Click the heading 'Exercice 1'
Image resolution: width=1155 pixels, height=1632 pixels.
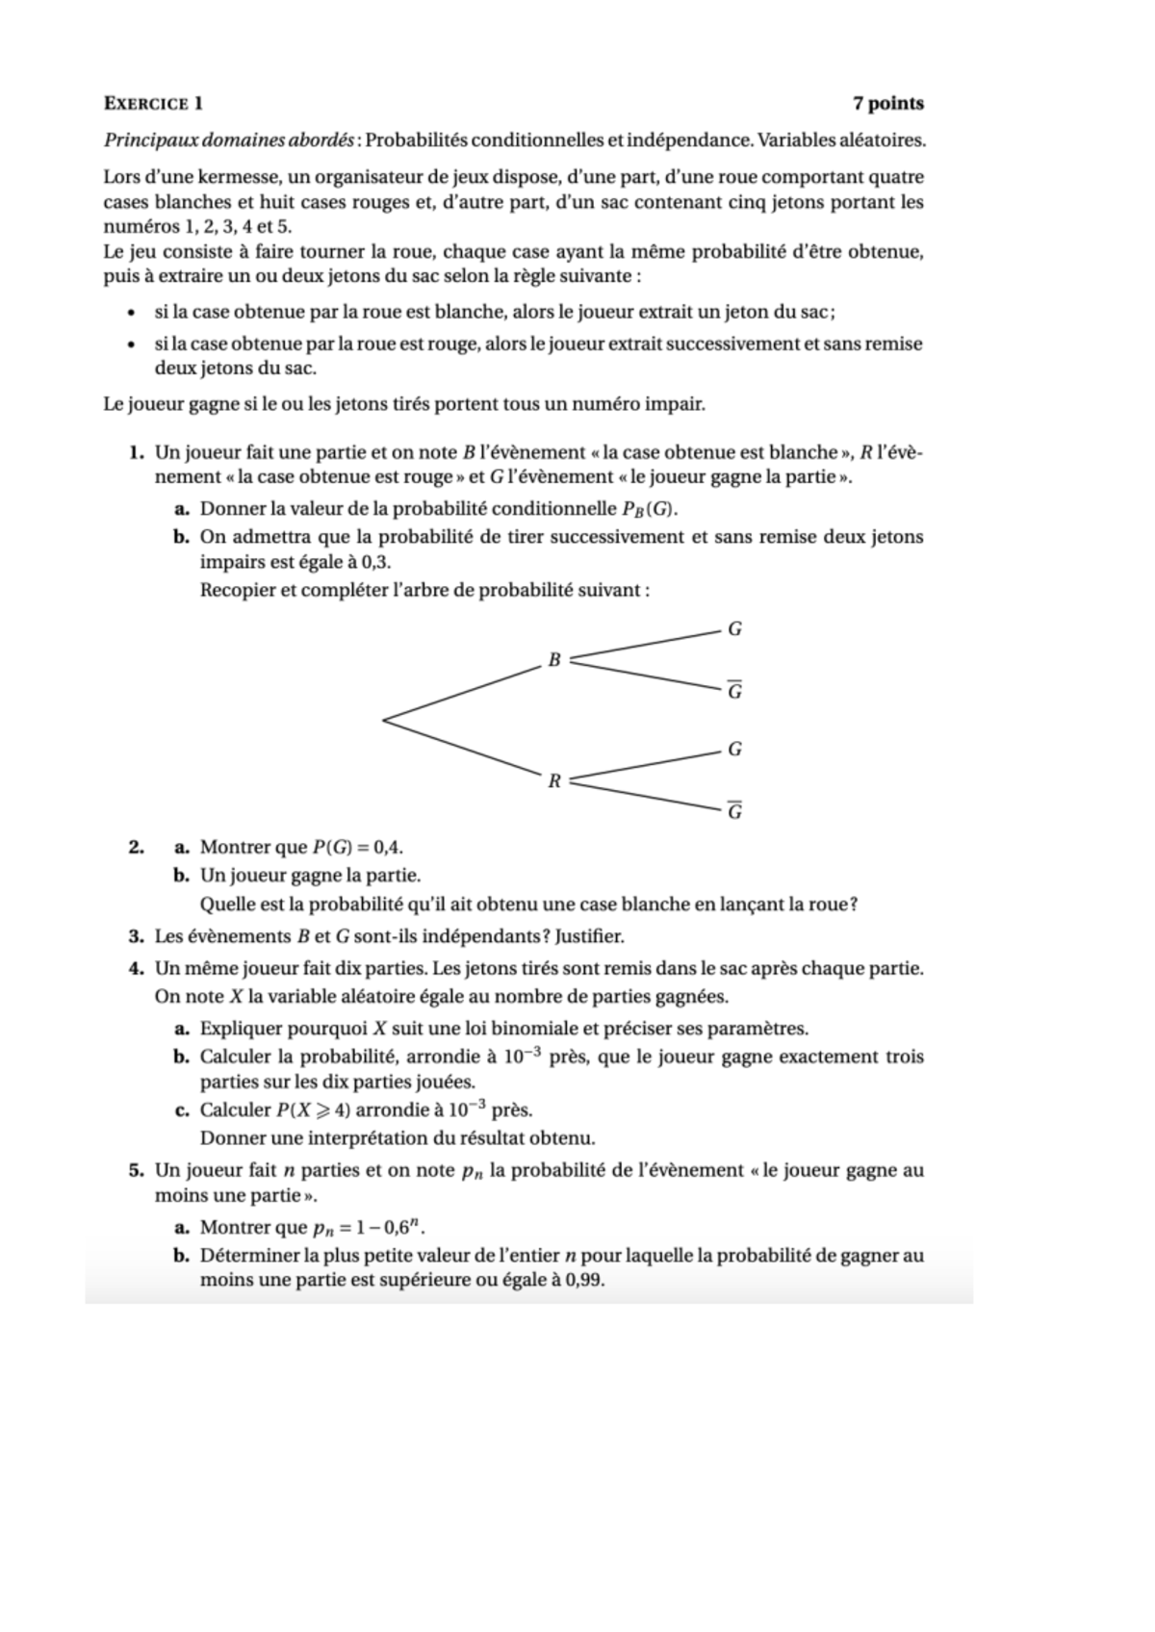click(153, 104)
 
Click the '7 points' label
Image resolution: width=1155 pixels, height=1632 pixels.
click(887, 104)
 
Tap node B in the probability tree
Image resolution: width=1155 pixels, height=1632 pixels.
click(553, 660)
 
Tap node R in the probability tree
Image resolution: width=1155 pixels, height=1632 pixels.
click(553, 780)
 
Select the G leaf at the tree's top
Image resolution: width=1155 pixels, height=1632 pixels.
click(734, 629)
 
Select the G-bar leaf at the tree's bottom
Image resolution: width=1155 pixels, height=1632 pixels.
click(734, 811)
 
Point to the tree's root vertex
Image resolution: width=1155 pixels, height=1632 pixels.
click(384, 719)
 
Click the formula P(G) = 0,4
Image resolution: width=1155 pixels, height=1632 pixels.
click(357, 848)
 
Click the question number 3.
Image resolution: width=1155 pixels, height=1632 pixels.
click(136, 936)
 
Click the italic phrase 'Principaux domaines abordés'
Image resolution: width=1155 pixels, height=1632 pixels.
click(228, 140)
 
